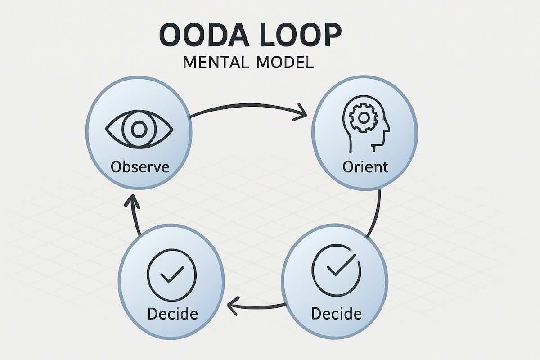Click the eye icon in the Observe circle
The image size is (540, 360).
click(139, 130)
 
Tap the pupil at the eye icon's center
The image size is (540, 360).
click(139, 130)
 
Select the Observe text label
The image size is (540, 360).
click(140, 167)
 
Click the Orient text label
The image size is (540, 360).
click(365, 167)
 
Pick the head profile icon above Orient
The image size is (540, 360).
click(365, 124)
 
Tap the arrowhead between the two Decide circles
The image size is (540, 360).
click(233, 308)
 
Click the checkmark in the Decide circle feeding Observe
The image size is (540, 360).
click(171, 274)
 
